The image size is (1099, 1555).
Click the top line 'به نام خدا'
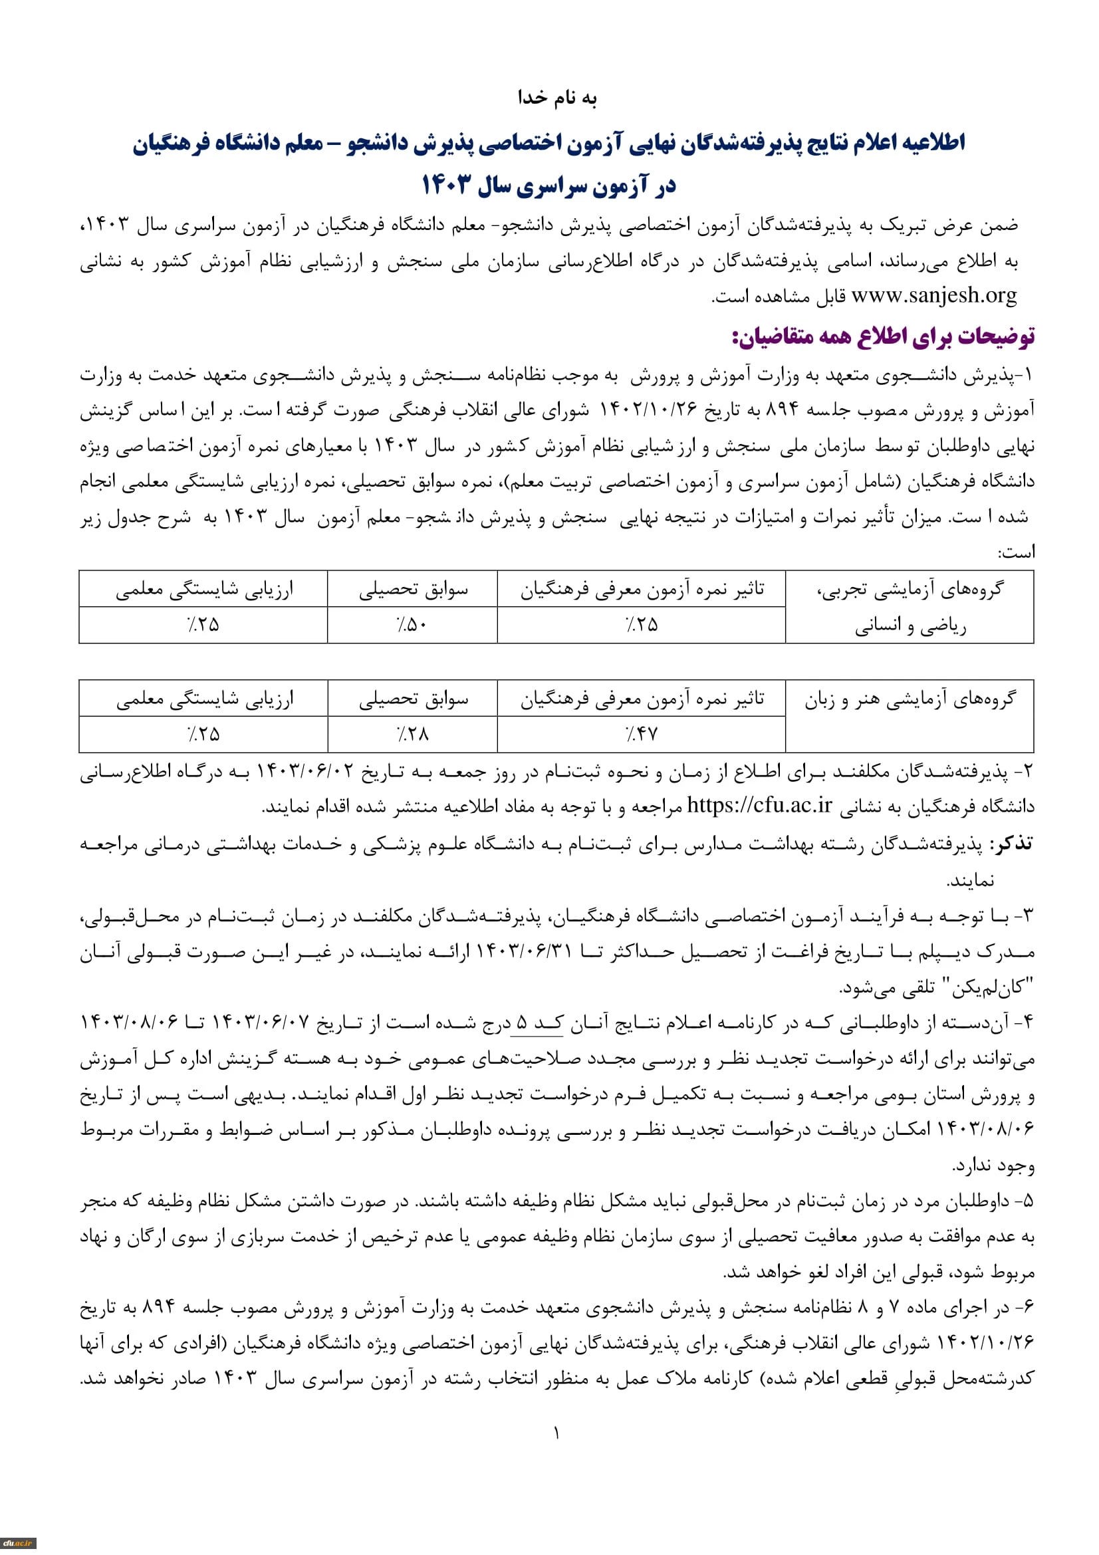556,98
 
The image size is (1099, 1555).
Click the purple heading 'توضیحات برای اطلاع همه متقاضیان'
883,336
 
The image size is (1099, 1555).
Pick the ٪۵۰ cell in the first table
412,624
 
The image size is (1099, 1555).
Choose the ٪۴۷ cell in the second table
642,733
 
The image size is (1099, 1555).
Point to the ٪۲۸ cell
412,733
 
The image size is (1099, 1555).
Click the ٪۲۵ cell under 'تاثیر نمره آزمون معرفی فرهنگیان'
642,624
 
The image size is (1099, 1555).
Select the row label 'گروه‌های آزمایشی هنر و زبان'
910,699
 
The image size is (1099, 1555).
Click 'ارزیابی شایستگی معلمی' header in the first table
204,589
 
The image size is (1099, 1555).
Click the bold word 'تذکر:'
1011,843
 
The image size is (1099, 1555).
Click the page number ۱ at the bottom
556,1433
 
